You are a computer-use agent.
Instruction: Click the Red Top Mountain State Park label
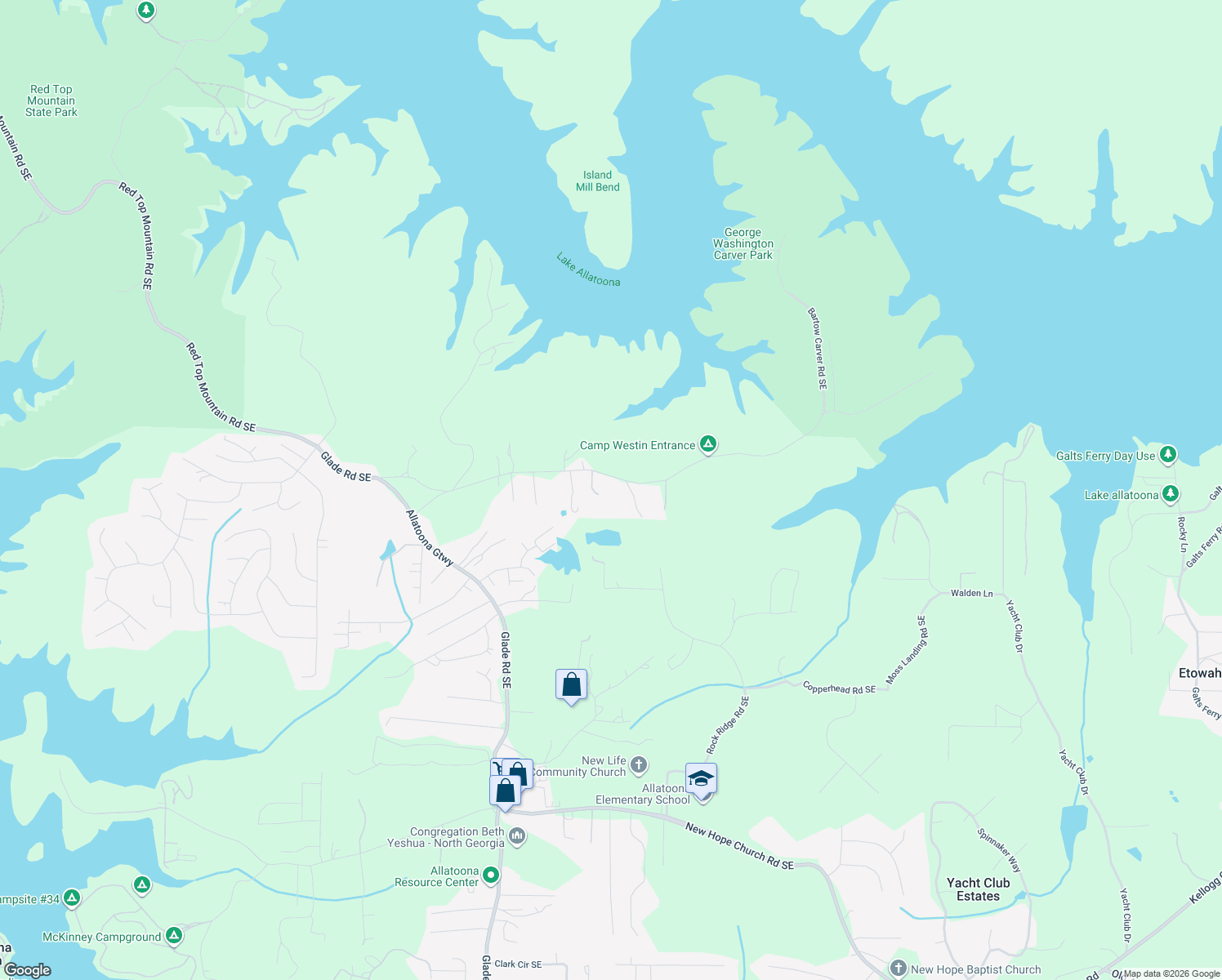tap(51, 100)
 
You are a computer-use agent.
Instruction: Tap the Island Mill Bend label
tap(597, 181)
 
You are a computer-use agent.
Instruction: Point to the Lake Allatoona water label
tap(588, 270)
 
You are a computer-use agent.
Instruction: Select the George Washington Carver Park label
tap(743, 244)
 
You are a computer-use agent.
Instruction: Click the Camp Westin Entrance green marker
tap(708, 444)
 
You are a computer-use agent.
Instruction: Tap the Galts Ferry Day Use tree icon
tap(1168, 454)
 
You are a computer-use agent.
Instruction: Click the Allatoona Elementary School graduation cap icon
tap(701, 779)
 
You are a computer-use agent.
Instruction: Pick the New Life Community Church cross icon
tap(639, 765)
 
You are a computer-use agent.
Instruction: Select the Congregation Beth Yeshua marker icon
tap(516, 836)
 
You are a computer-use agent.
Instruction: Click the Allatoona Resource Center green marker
tap(490, 875)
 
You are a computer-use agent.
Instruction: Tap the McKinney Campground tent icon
tap(173, 935)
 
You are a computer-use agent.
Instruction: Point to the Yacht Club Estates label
tap(978, 889)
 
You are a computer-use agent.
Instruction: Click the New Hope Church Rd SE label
tap(739, 847)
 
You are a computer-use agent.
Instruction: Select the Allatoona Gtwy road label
tap(430, 538)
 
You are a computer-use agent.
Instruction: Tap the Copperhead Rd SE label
tap(839, 688)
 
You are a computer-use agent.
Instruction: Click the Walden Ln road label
tap(971, 594)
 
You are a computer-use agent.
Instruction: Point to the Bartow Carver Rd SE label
tap(817, 348)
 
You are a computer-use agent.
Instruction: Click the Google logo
tap(28, 970)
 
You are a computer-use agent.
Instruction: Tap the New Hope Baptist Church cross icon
tap(899, 969)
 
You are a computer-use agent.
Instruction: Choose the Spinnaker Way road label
tap(999, 850)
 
